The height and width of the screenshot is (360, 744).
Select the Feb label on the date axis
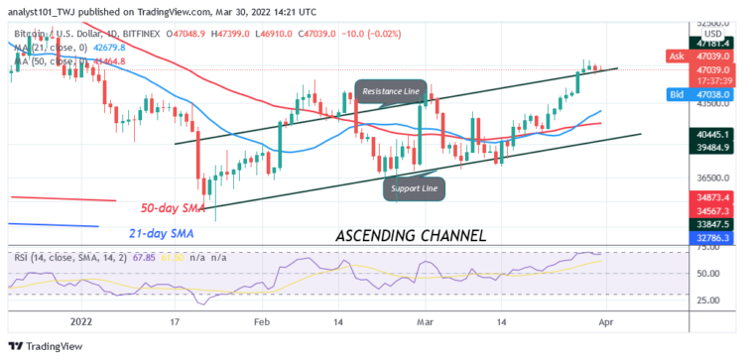point(262,322)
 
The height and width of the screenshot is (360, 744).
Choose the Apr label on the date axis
point(604,322)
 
